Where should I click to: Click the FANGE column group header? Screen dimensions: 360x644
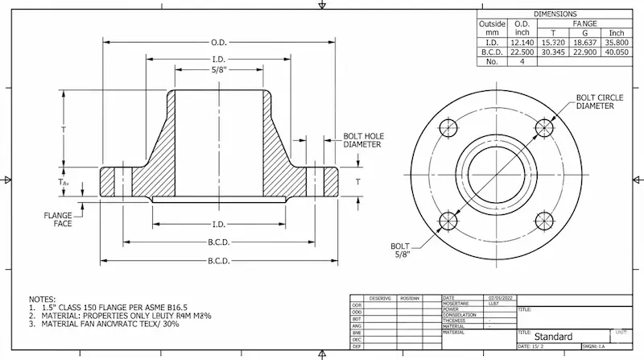tap(586, 23)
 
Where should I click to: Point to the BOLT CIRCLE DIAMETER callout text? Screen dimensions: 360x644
tap(597, 101)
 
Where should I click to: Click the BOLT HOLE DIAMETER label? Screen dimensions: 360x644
tap(362, 140)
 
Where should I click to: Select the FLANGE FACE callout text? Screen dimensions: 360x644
tap(57, 219)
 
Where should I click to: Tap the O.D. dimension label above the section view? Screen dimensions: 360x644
tap(219, 42)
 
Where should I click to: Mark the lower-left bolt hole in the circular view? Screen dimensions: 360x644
tap(448, 220)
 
